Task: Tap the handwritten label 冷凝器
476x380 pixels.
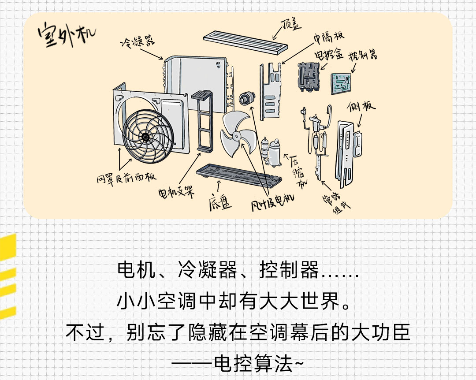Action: coord(138,41)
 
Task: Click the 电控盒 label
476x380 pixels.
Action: coord(329,54)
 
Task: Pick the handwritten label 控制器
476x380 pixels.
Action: coord(363,55)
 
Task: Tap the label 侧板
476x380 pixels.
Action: coord(361,106)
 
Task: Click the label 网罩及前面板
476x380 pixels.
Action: coord(126,178)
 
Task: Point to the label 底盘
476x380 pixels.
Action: coord(220,202)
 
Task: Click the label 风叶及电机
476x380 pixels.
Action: coord(272,202)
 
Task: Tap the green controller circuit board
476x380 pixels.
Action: coord(341,83)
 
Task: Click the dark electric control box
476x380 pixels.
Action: coord(309,77)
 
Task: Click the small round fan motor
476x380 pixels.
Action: coord(247,98)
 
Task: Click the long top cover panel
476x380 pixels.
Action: coord(245,42)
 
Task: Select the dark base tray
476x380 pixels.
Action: coord(239,175)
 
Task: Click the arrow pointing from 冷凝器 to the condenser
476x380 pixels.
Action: coord(152,54)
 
